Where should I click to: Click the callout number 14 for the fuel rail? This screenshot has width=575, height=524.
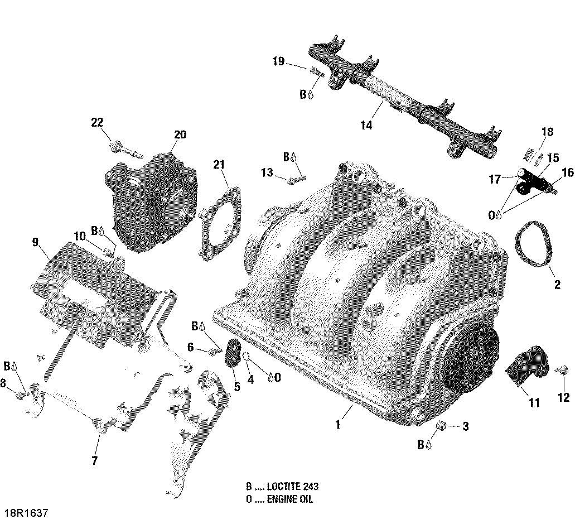366,126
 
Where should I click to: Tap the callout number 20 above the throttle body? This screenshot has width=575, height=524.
180,134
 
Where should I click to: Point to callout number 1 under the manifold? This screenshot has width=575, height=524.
337,425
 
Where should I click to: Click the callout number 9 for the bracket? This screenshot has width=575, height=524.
35,242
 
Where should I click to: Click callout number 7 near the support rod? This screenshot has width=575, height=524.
94,461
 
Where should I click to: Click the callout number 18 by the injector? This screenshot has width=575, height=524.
547,132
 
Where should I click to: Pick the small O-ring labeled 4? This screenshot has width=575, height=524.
245,355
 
